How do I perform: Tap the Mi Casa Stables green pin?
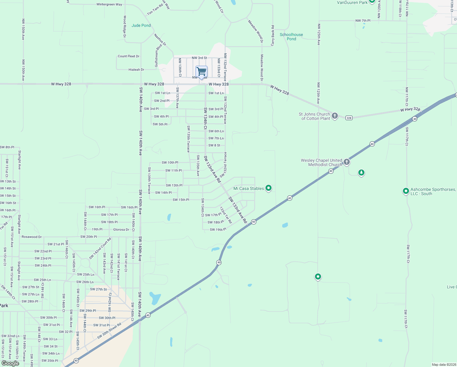pos(269,188)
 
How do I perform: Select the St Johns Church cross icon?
pos(335,116)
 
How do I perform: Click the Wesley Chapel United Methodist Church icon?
pos(346,162)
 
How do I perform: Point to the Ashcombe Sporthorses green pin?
pos(406,191)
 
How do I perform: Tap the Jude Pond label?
pos(141,25)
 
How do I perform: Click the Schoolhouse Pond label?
pos(291,37)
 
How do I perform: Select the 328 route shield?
pos(349,118)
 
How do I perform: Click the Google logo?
pos(10,363)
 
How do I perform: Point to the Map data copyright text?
pos(443,365)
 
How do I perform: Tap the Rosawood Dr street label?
pos(31,237)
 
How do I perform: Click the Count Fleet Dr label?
pos(129,56)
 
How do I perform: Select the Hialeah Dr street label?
pos(136,70)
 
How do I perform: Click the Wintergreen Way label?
pos(109,5)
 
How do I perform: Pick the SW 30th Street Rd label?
pos(109,331)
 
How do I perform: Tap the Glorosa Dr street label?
pos(121,229)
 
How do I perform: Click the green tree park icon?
pos(361,173)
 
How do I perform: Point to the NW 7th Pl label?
pos(363,21)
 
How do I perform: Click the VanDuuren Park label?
pos(352,3)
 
